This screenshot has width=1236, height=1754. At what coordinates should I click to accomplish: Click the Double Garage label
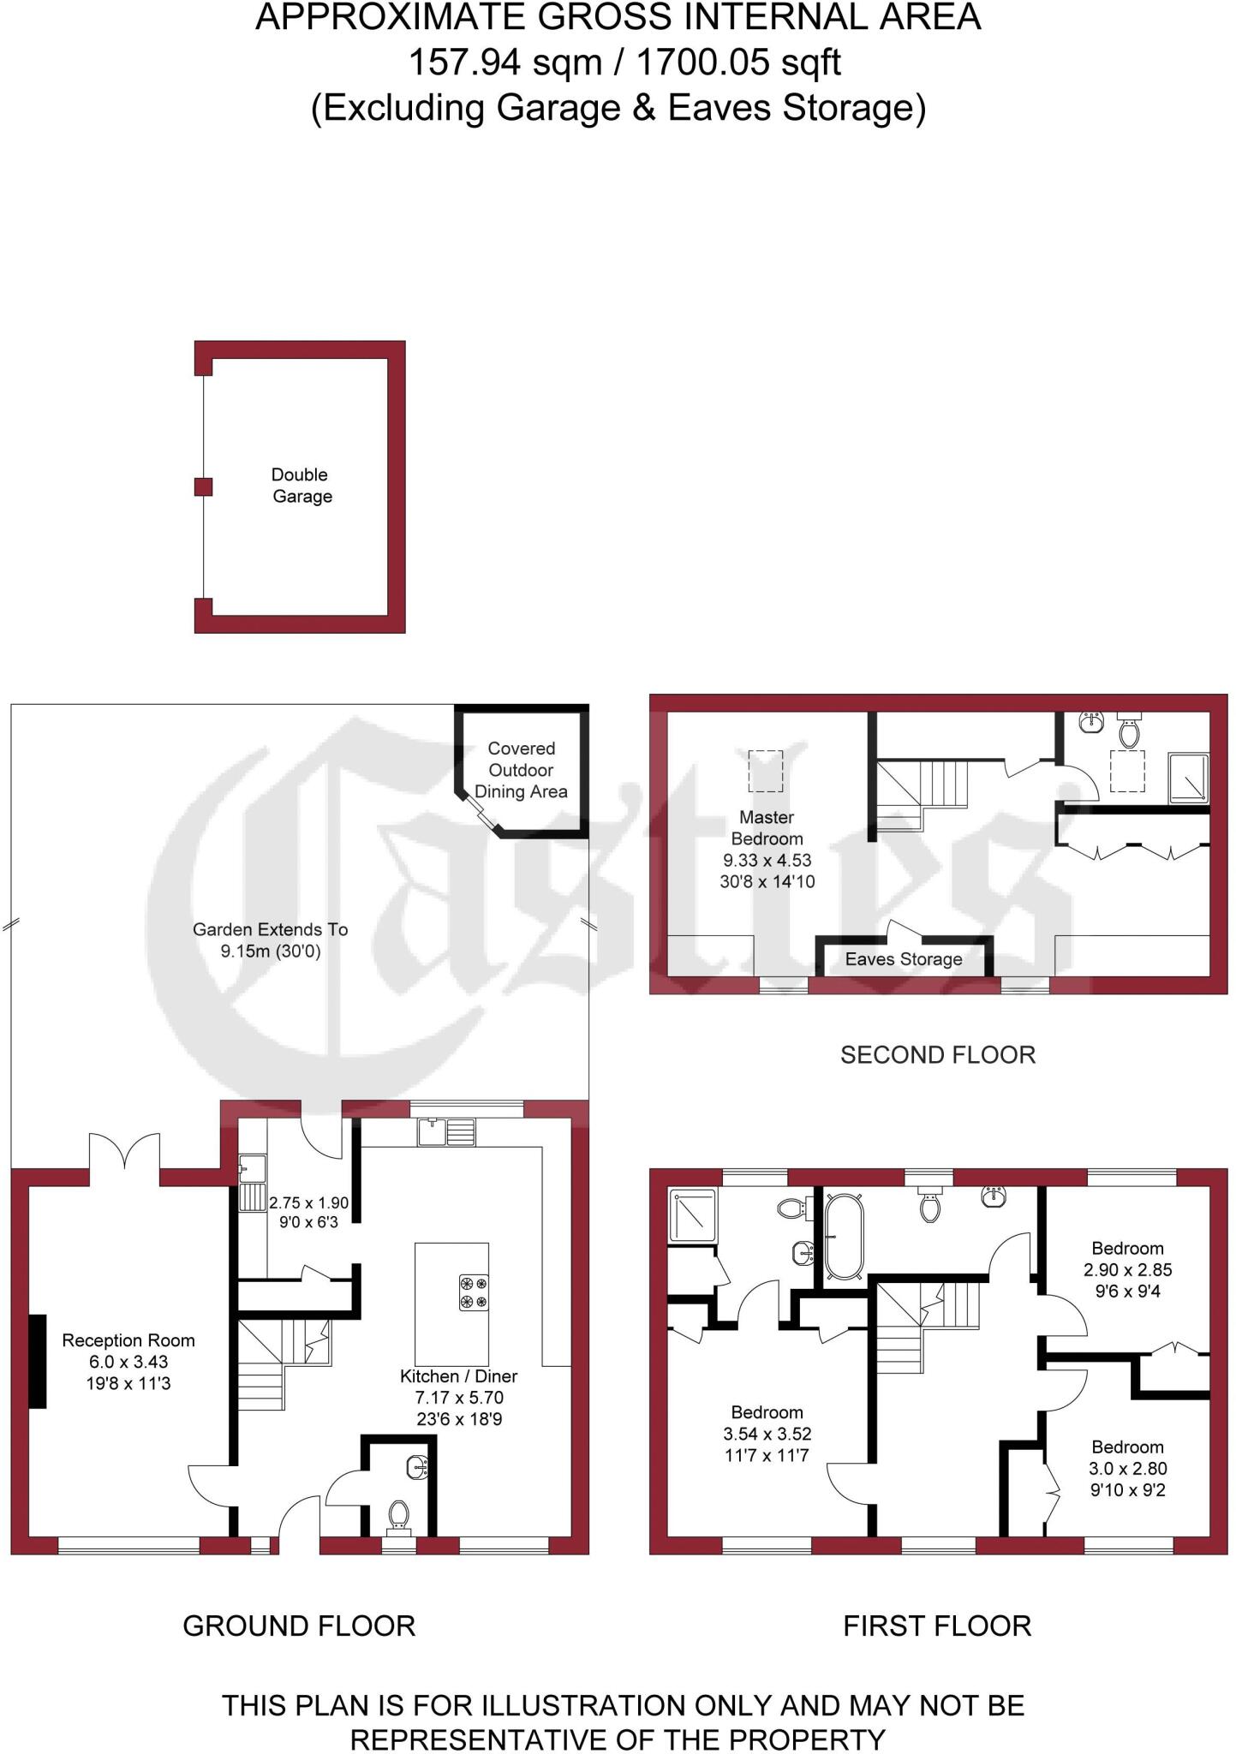(x=301, y=486)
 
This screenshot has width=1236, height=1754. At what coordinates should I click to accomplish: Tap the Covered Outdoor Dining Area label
(x=521, y=770)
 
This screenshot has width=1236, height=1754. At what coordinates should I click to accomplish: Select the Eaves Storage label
(x=903, y=959)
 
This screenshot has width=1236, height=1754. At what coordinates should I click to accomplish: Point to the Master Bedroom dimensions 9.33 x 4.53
(x=767, y=860)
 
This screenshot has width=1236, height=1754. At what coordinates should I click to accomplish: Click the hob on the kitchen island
(x=474, y=1292)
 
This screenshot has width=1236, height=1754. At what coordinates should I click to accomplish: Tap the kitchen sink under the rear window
(x=446, y=1132)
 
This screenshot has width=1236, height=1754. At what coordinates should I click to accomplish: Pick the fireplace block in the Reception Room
(x=38, y=1361)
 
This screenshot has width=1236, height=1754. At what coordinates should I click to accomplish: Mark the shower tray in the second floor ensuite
(x=1189, y=778)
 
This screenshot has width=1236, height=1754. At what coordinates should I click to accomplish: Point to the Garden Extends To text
(x=270, y=929)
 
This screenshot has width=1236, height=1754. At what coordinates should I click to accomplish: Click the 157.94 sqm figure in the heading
(x=505, y=63)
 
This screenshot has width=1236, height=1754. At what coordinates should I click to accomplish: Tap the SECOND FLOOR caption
(x=937, y=1054)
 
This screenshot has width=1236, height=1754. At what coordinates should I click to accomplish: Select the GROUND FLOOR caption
(x=299, y=1626)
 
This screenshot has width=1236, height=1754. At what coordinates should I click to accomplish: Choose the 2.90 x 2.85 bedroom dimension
(x=1127, y=1270)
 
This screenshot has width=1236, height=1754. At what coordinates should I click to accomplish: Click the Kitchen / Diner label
(x=458, y=1376)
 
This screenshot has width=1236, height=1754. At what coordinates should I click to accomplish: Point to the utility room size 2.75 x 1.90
(x=308, y=1202)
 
